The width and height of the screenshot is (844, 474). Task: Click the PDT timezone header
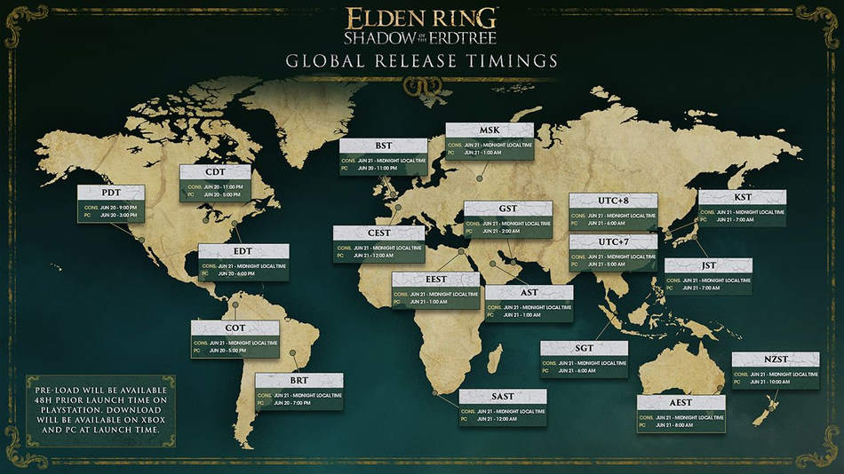pos(111,193)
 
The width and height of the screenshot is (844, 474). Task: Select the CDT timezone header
pos(214,172)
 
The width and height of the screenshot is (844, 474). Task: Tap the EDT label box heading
pos(243,251)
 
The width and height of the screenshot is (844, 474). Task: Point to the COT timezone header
pos(235,328)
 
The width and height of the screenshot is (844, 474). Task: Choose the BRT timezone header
pos(299,380)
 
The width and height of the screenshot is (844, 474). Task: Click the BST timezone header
pos(383,146)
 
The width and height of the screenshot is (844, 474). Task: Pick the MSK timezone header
pos(490,130)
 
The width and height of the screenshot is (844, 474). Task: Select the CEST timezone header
pos(378,233)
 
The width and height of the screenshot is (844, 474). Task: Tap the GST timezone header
pos(508,209)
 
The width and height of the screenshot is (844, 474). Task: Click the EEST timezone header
pos(436,279)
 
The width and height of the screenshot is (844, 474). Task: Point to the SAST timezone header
pos(503,397)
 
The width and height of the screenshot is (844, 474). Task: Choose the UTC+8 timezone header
pos(613,201)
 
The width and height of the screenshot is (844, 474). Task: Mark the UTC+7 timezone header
pos(613,241)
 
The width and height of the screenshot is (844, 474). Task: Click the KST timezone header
pos(743,197)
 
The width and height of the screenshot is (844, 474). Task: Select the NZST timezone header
pos(776,359)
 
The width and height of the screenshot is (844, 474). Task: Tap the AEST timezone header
pos(681,402)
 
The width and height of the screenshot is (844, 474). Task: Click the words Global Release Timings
pos(421,61)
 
